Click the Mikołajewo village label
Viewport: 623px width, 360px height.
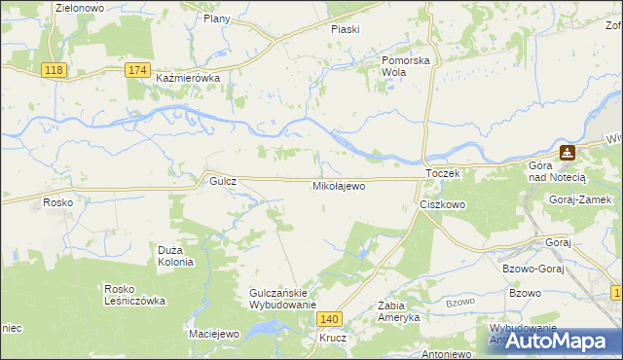[x=339, y=185]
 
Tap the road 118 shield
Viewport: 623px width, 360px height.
[x=54, y=70]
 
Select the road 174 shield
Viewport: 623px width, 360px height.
[x=137, y=70]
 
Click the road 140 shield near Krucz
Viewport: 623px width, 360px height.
[x=331, y=319]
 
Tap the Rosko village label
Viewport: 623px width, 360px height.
[x=53, y=202]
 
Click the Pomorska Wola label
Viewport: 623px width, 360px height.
[x=406, y=65]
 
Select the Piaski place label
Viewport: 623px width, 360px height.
[x=345, y=29]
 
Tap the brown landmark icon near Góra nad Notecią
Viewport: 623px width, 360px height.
[x=567, y=153]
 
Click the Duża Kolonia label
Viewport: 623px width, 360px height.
[x=176, y=255]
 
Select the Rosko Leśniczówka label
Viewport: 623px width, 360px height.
[x=135, y=294]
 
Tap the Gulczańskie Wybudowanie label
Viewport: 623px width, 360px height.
[x=283, y=299]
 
